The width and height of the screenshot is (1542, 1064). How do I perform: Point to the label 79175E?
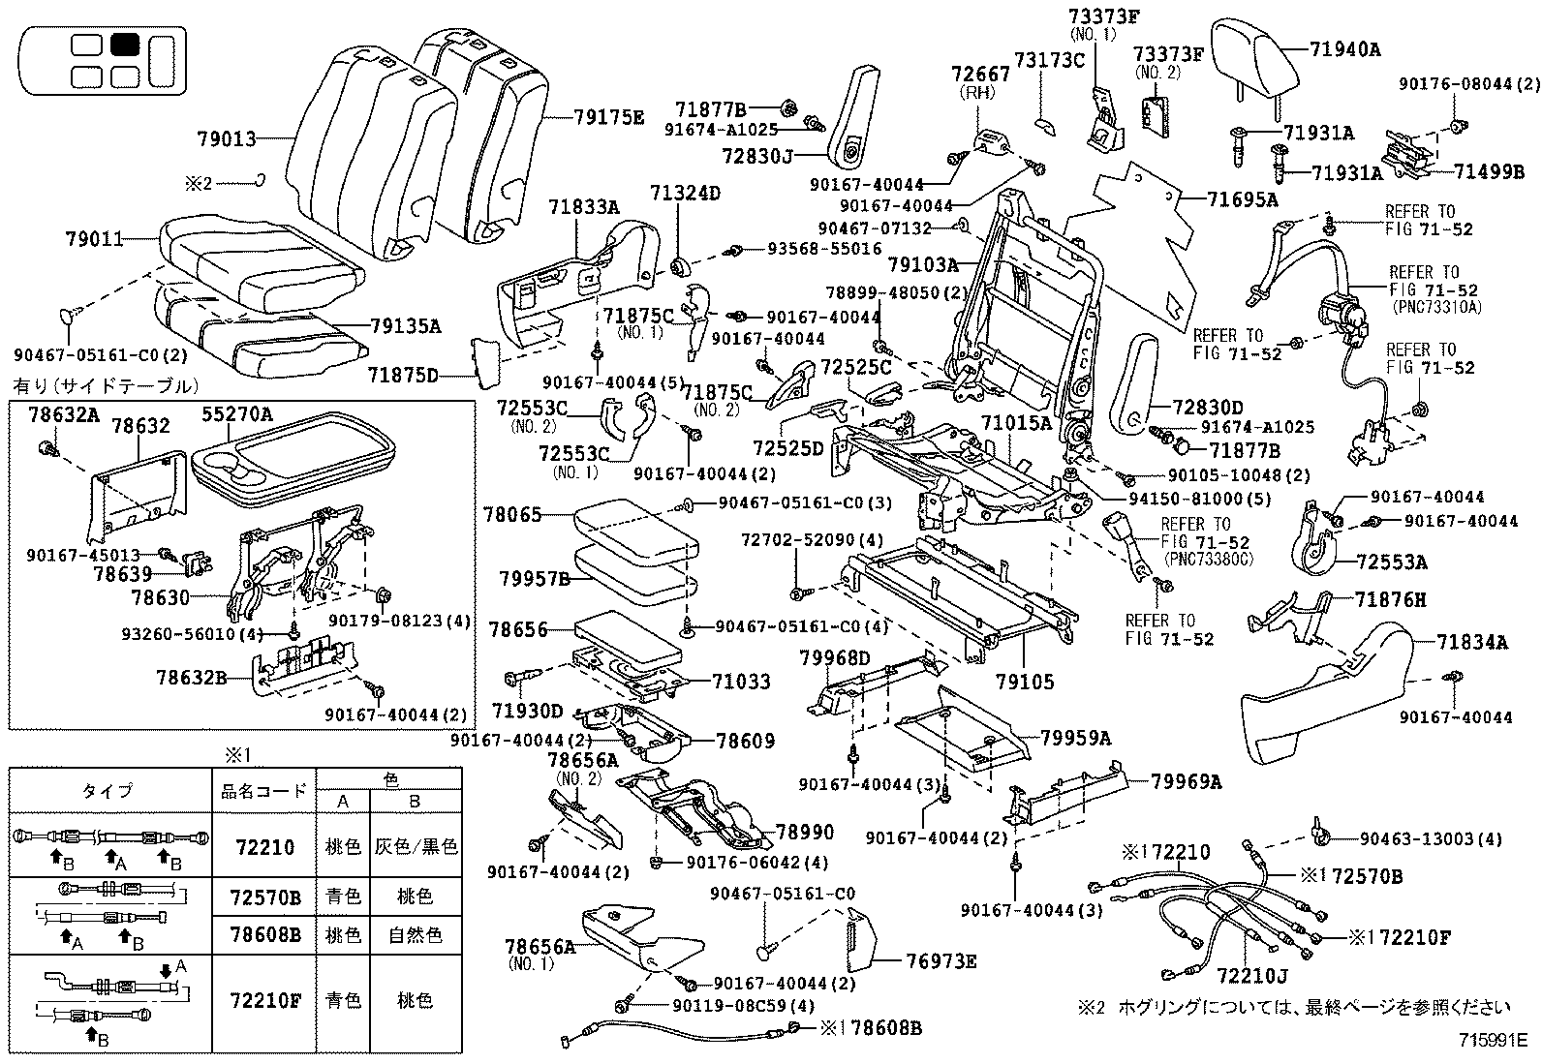608,117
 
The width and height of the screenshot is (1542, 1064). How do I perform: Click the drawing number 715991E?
1495,1041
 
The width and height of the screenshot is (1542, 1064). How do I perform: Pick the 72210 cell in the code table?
264,846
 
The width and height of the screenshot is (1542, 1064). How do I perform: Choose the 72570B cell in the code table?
266,897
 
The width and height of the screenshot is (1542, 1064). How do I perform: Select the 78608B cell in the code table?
266,934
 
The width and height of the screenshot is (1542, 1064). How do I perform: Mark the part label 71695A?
1243,199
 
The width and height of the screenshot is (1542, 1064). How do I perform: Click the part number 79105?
1023,683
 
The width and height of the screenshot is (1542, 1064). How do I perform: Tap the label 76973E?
941,961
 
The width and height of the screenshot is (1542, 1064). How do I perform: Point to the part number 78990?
805,832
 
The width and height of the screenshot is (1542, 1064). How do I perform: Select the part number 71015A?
1016,423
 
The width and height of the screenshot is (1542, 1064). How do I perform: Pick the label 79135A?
405,326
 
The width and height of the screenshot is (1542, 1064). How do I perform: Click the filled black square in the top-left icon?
125,45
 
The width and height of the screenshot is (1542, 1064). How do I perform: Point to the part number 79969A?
1187,781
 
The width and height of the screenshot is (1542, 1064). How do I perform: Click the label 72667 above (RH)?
980,74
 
